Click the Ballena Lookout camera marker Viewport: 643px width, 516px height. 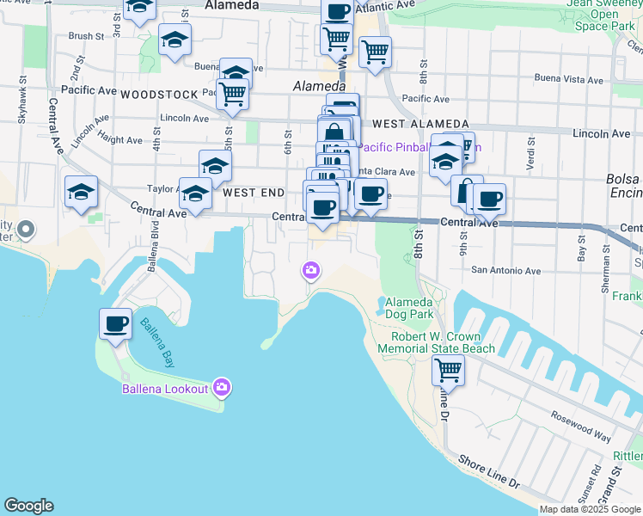(x=222, y=388)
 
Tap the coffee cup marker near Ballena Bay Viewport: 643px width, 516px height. (x=115, y=324)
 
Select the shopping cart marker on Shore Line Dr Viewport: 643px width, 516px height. (x=448, y=371)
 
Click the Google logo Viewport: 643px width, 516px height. (x=28, y=506)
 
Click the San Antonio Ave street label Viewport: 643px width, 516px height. (x=505, y=271)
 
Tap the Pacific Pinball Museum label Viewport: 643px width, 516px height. (x=419, y=147)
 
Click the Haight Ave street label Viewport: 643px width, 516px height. (x=120, y=139)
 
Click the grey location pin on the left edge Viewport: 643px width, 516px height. (x=26, y=230)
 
